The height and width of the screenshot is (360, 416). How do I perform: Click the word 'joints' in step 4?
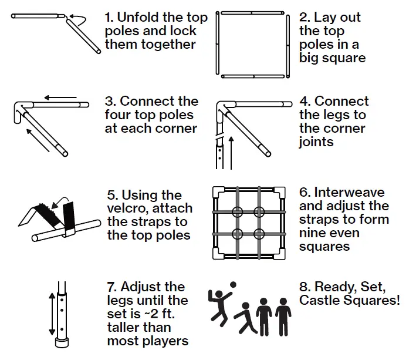(x=316, y=142)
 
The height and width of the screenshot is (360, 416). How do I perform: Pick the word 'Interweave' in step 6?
(x=350, y=192)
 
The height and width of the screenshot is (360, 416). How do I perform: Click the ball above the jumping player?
(x=233, y=285)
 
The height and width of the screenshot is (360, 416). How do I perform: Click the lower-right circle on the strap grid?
(x=259, y=234)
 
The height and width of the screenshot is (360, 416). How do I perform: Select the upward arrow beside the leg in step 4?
(x=232, y=153)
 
